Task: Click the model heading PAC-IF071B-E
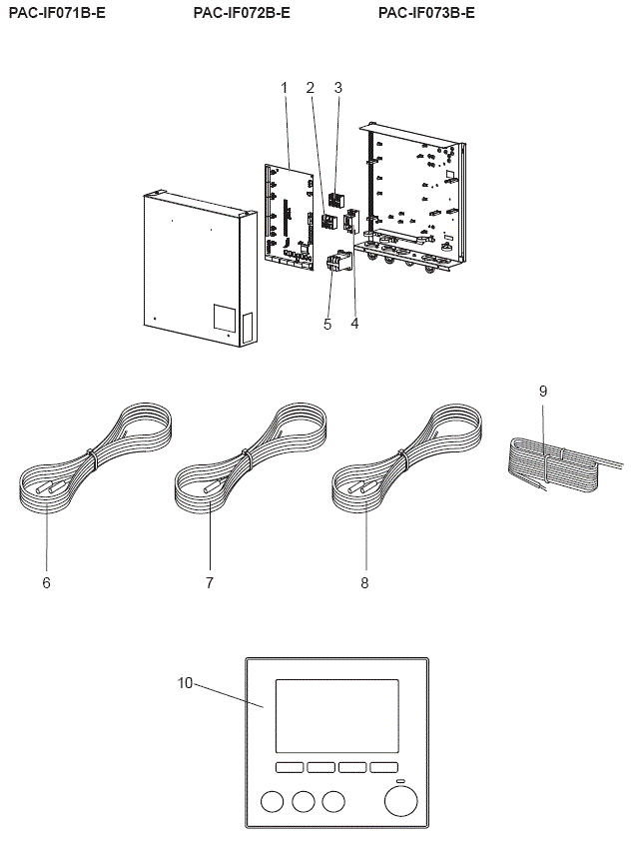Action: click(x=57, y=13)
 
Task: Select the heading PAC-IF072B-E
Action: click(x=242, y=13)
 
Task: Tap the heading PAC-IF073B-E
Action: click(x=426, y=13)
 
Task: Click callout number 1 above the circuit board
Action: click(x=284, y=88)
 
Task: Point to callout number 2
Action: click(x=311, y=88)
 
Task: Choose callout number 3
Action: click(x=337, y=88)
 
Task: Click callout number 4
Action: click(x=354, y=324)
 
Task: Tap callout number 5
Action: click(x=326, y=324)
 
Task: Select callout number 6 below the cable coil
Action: click(x=46, y=582)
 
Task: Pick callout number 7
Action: click(x=210, y=582)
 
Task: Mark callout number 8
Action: click(x=364, y=582)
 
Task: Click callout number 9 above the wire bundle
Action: click(x=543, y=391)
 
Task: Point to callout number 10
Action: click(x=186, y=683)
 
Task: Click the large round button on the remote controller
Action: click(x=400, y=801)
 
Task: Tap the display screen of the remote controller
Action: click(x=336, y=715)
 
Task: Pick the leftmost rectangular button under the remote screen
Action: click(x=289, y=767)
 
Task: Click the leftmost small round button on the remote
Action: click(x=272, y=801)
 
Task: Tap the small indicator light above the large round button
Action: click(x=400, y=780)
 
